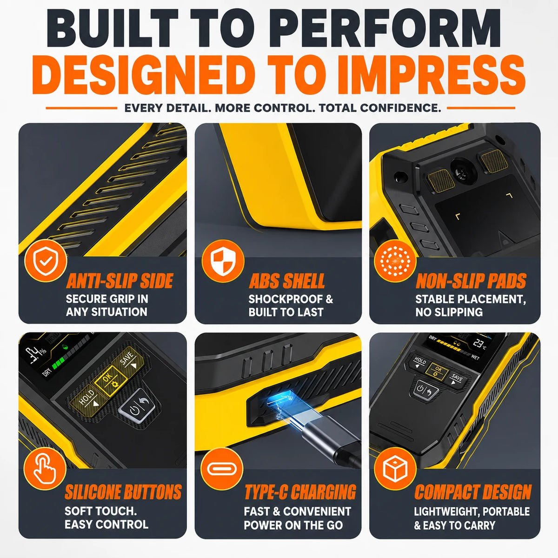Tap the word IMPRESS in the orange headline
tap(432, 75)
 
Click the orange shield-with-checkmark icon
tap(46, 261)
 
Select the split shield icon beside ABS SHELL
tap(223, 261)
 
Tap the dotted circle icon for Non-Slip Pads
tap(395, 261)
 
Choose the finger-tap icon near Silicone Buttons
tap(45, 469)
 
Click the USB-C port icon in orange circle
tap(222, 469)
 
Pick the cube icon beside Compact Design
tap(395, 469)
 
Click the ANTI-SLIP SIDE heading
tap(120, 281)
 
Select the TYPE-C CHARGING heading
tap(300, 492)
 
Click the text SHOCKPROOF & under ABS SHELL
tap(291, 299)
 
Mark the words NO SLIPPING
tap(449, 312)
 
